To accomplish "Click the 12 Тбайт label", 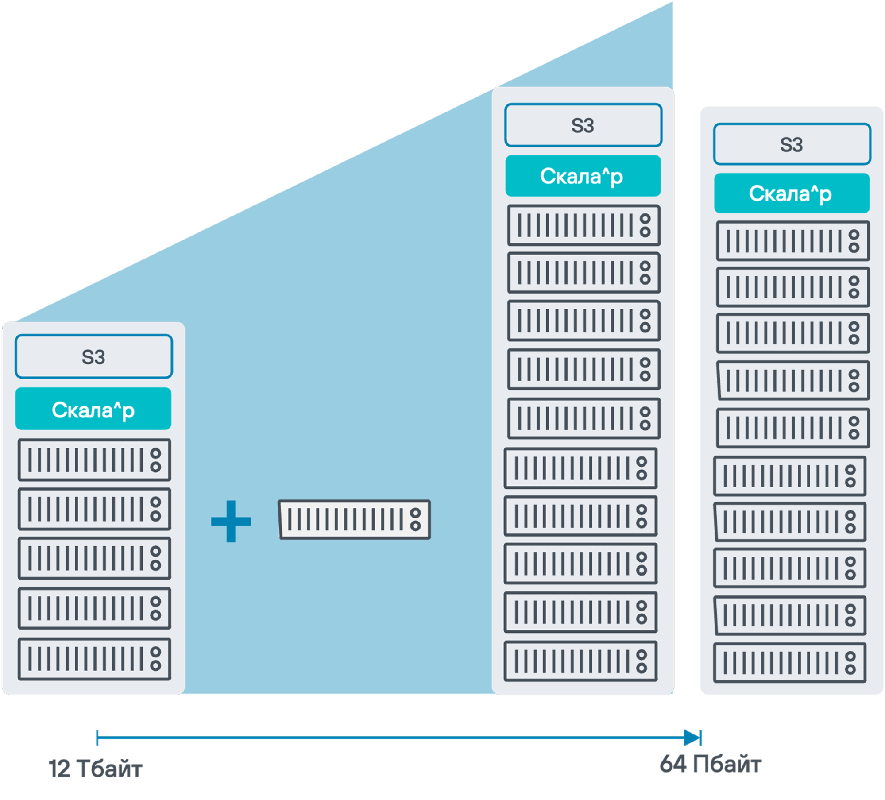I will [95, 769].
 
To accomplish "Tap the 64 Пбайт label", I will [710, 764].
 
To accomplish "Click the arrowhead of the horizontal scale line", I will [692, 738].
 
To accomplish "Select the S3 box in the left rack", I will [93, 357].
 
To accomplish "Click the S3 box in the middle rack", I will [583, 125].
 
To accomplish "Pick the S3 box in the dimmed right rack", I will [792, 144].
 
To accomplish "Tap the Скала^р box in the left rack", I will [93, 409].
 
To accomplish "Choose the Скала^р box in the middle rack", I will [583, 176].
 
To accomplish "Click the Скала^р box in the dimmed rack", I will [792, 193].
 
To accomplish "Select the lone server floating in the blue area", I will [354, 519].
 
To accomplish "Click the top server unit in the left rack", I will [94, 460].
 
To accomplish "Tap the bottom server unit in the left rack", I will [94, 659].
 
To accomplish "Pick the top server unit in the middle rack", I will [584, 225].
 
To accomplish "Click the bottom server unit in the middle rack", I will [580, 661].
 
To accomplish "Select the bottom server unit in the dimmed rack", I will [789, 663].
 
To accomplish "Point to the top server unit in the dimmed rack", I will [793, 241].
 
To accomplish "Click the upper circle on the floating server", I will [415, 513].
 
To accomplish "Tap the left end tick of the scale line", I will [97, 738].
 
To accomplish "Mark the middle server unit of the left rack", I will [94, 558].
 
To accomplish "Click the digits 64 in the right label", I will [673, 764].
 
